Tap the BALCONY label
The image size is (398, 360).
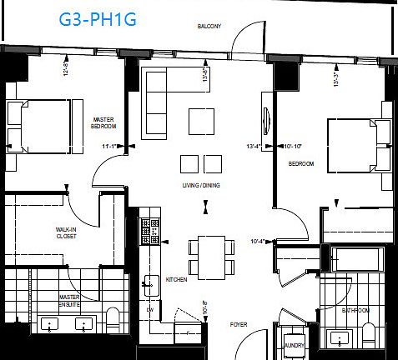click(x=209, y=27)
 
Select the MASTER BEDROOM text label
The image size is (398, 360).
click(x=104, y=122)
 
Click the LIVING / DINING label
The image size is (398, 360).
click(x=200, y=185)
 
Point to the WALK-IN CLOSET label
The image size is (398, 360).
click(x=68, y=232)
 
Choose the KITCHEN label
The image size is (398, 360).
click(x=176, y=279)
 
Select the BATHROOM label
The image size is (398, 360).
click(x=355, y=309)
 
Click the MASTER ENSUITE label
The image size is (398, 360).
click(x=69, y=301)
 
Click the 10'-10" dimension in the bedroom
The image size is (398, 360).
click(x=292, y=147)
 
